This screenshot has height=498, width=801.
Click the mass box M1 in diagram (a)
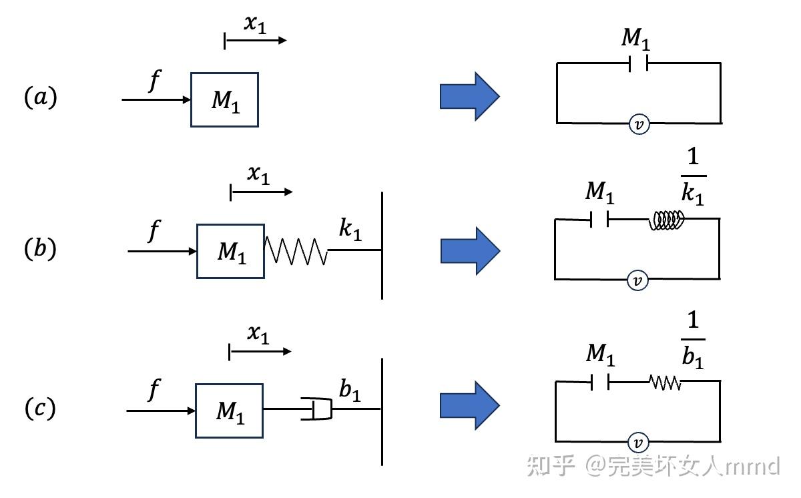point(224,99)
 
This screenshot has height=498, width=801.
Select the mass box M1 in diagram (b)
point(230,251)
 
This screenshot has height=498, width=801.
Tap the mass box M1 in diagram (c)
point(229,411)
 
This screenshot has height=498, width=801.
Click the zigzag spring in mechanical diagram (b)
point(296,251)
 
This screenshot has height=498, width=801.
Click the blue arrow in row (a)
point(469,97)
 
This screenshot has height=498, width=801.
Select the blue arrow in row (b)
point(469,250)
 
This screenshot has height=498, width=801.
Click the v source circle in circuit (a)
point(639,124)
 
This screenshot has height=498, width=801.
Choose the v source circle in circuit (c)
point(639,442)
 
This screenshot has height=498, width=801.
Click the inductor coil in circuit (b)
point(667,220)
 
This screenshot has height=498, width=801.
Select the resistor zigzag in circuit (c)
point(665,382)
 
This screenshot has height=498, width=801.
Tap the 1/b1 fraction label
point(693,341)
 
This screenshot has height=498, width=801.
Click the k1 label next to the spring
point(350,229)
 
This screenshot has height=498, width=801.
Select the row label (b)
point(40,249)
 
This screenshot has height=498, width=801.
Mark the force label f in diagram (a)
point(154,81)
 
